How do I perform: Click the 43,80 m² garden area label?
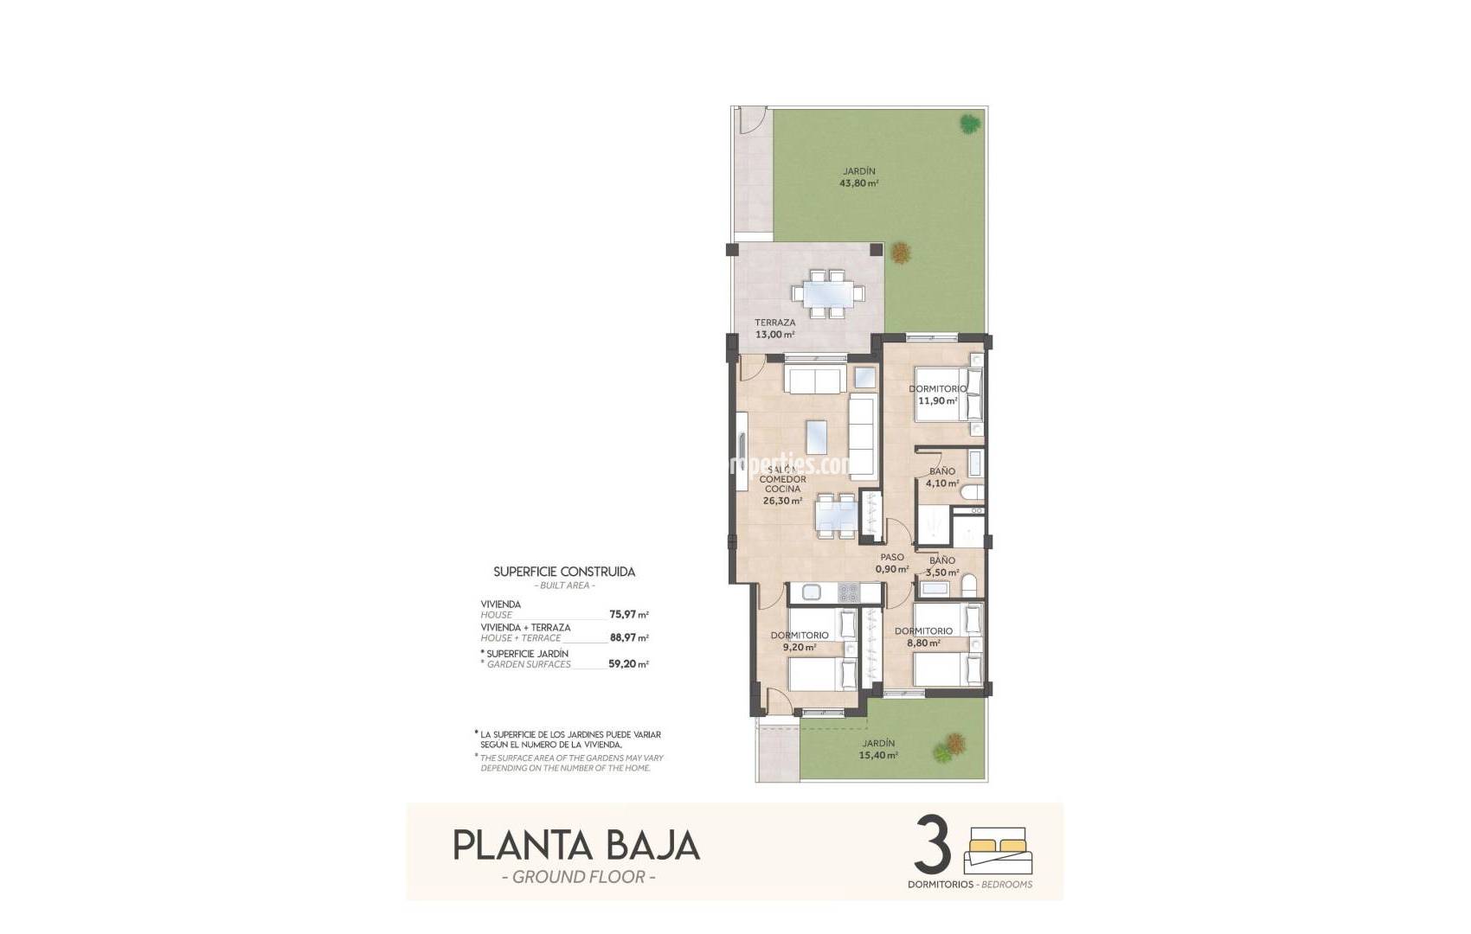(x=858, y=177)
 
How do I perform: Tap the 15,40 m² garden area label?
(x=878, y=749)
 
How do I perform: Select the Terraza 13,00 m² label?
(x=774, y=329)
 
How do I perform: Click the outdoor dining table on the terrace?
(x=828, y=294)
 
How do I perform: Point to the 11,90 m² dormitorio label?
(x=937, y=395)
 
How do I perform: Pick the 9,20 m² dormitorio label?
(x=799, y=641)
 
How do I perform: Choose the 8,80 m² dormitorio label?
(x=923, y=637)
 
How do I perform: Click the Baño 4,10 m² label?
(x=942, y=477)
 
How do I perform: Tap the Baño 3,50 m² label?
(x=942, y=566)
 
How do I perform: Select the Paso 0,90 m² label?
(x=892, y=563)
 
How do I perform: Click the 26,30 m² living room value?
(x=782, y=501)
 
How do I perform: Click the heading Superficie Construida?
(x=564, y=572)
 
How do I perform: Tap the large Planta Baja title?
(x=576, y=845)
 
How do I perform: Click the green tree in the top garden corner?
(x=967, y=124)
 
